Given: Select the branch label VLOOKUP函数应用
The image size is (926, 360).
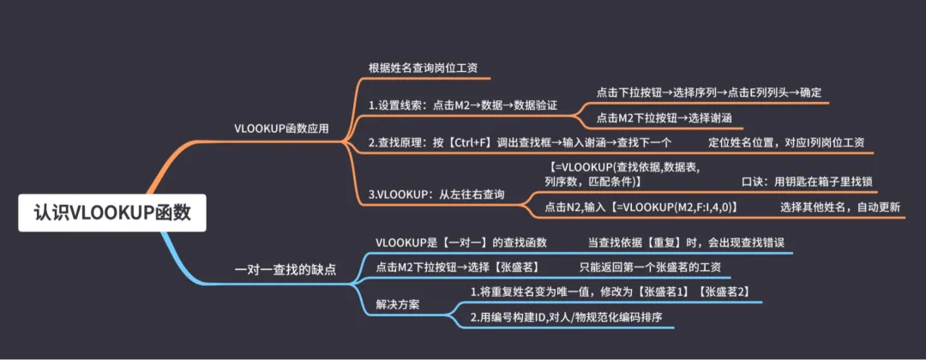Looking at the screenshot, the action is (280, 128).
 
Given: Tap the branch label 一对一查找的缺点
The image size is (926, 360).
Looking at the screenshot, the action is (286, 269).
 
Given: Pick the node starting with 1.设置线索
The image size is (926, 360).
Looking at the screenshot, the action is (462, 105).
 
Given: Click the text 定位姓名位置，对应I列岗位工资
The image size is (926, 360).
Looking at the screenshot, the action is (786, 142).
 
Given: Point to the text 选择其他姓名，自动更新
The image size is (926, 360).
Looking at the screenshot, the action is (839, 207).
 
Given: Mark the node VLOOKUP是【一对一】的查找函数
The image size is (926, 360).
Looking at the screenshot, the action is (461, 243).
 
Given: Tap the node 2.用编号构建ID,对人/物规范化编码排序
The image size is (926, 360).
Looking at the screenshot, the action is (567, 317).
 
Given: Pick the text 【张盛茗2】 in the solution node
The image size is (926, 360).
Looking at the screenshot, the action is (725, 292).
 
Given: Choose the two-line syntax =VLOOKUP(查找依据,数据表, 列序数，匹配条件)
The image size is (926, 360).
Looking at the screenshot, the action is (623, 175).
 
